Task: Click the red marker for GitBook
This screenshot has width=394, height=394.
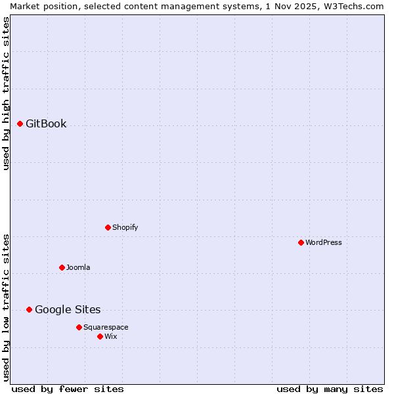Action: (x=20, y=123)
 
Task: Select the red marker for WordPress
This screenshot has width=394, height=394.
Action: (x=301, y=242)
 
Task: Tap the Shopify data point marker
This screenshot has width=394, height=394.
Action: (x=108, y=227)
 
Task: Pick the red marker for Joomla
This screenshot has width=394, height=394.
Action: (x=62, y=267)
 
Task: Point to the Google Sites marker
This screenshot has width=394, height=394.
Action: (x=29, y=309)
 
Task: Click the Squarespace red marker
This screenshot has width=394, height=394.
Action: (x=79, y=327)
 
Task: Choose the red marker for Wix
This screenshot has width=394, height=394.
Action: (x=100, y=336)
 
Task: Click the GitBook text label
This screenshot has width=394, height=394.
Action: (x=46, y=123)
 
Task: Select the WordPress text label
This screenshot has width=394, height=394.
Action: (x=324, y=242)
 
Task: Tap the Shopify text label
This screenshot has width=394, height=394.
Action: (x=125, y=227)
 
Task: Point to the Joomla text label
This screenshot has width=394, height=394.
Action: (x=78, y=267)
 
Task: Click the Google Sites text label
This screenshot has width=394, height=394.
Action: (x=68, y=309)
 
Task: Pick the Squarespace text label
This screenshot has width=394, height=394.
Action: (x=106, y=327)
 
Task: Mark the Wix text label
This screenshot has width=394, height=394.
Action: (x=110, y=336)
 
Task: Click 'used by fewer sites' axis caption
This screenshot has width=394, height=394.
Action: (x=68, y=389)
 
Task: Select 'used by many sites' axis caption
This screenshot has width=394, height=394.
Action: (x=330, y=389)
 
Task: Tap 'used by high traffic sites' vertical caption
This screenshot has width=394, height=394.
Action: (x=6, y=93)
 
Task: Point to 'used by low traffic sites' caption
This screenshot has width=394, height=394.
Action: (x=6, y=307)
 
